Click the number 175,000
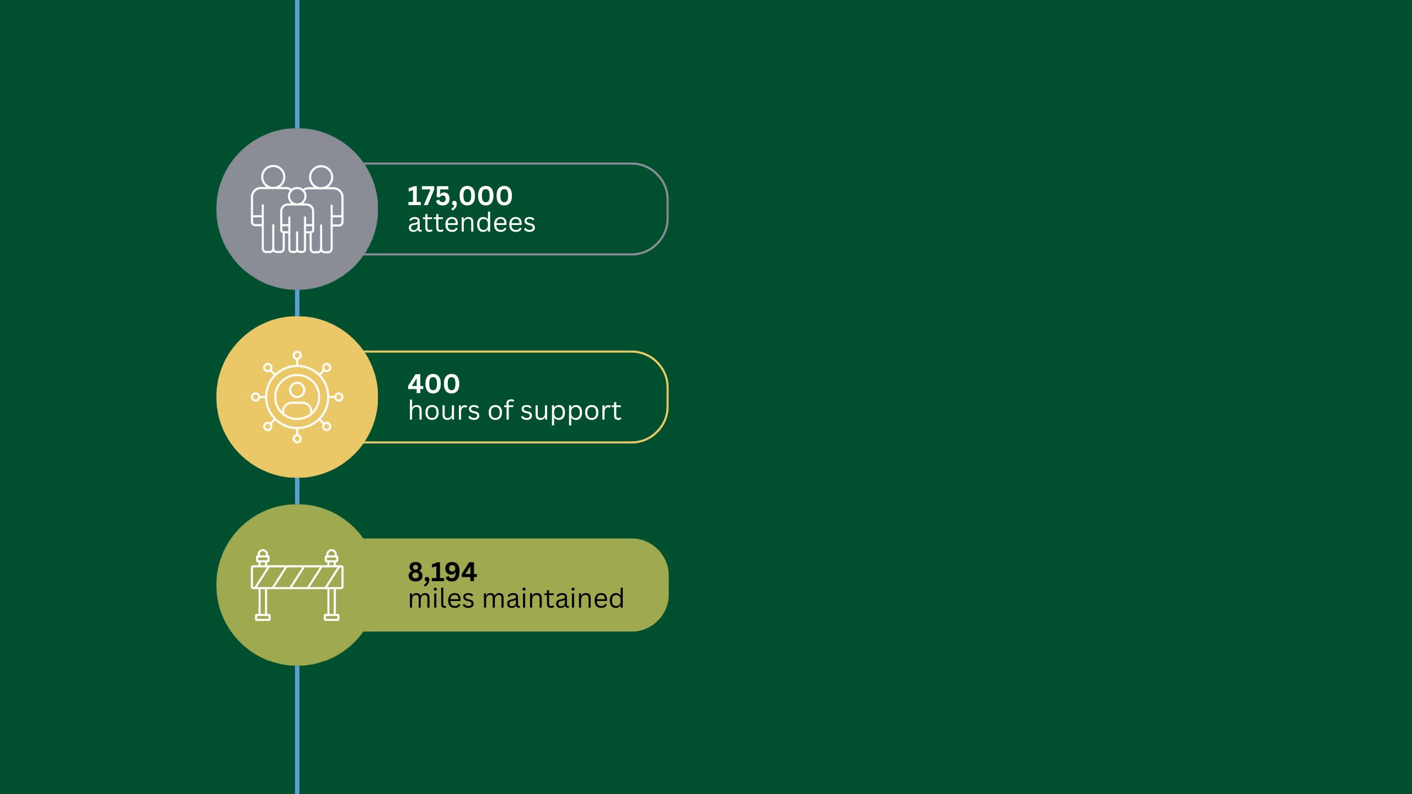pos(460,196)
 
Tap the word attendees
pos(472,223)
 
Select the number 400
pos(434,384)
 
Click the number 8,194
pos(442,572)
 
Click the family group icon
pos(297,209)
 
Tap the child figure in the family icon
pos(297,219)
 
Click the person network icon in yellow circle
pos(297,397)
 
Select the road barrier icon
pos(297,585)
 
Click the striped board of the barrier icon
pos(297,577)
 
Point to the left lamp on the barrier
pos(263,557)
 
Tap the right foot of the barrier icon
pos(331,618)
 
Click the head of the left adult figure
pos(273,177)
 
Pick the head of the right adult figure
pos(321,177)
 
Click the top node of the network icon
pos(297,356)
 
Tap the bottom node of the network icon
pos(297,438)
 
